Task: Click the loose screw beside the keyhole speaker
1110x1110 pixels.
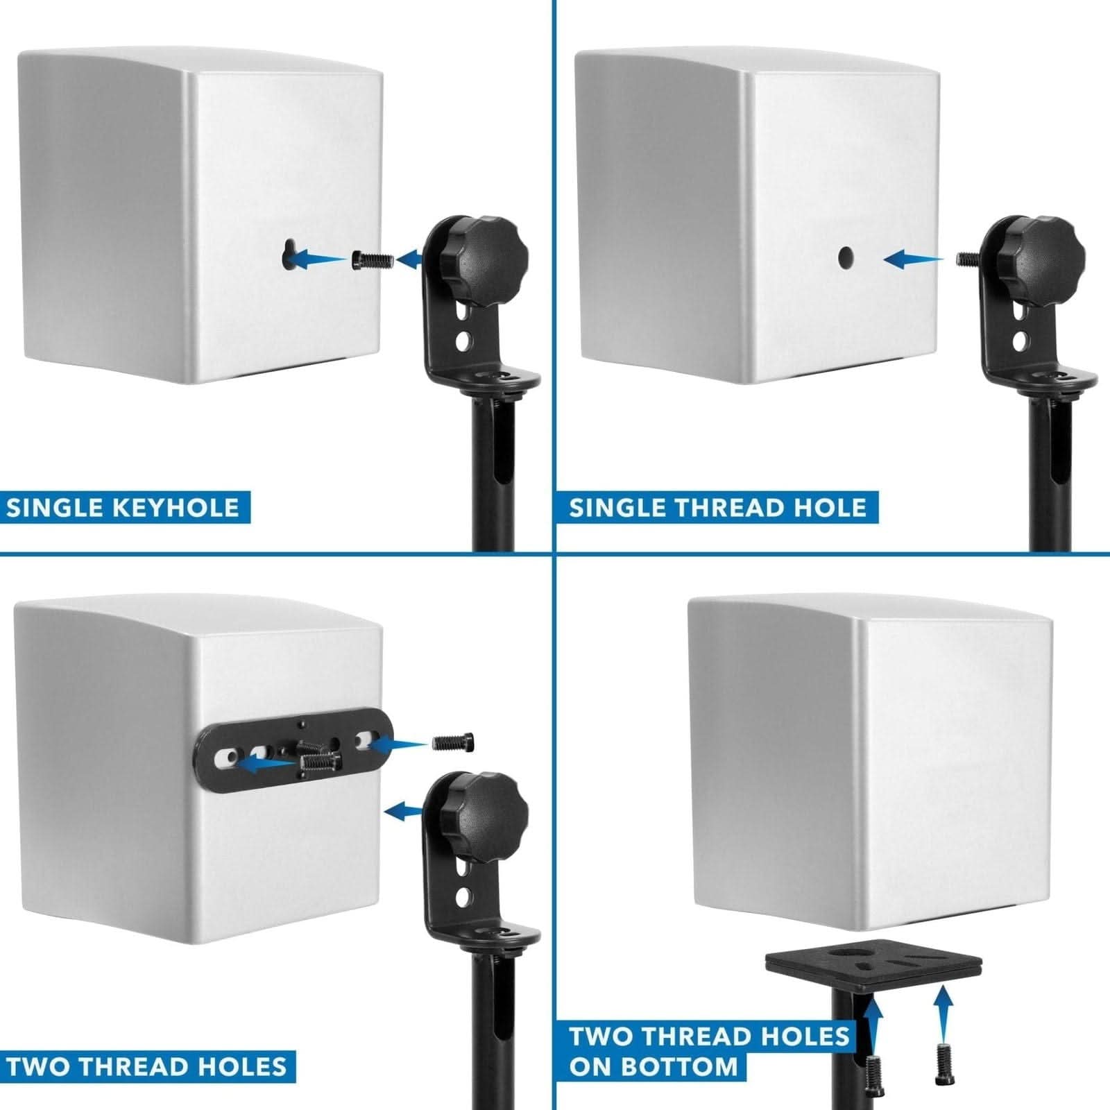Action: (x=374, y=260)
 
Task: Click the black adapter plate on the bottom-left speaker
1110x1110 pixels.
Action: (x=296, y=753)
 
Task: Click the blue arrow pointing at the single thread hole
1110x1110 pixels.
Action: (x=913, y=259)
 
